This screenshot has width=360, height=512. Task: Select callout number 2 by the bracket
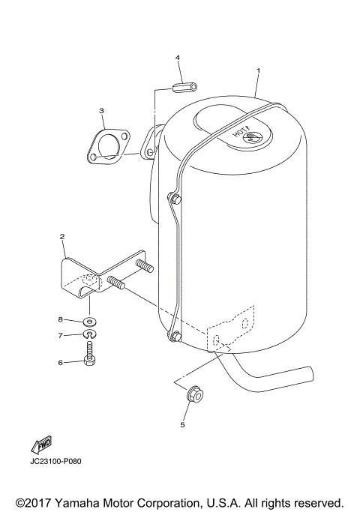coord(62,236)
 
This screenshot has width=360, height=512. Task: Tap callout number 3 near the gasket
coord(101,111)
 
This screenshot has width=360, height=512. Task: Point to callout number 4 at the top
coord(178,57)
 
